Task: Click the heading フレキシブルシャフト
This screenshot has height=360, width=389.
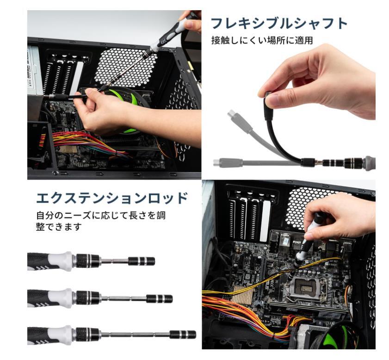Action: [x=278, y=23]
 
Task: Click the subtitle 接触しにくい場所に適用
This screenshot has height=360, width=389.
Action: [x=262, y=41]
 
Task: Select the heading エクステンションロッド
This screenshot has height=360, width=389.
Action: [x=112, y=198]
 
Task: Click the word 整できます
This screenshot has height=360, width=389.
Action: [x=59, y=227]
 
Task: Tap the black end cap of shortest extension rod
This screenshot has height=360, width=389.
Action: [x=141, y=261]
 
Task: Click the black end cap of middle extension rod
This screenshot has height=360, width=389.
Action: [x=159, y=298]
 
